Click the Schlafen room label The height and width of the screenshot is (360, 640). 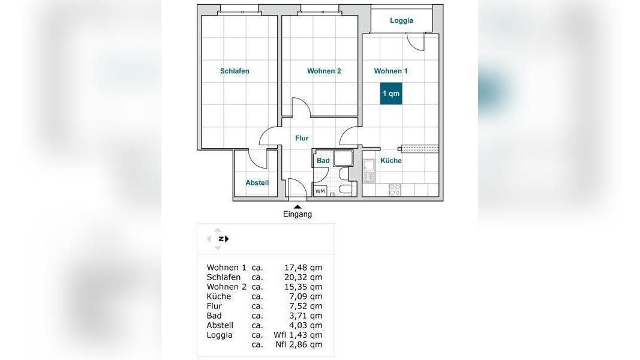pos(235,71)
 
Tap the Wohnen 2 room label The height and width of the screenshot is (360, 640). pos(324,71)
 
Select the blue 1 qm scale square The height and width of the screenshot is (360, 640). pos(391,94)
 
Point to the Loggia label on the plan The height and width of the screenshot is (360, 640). pos(401,20)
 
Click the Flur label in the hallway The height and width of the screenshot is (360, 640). pos(302,138)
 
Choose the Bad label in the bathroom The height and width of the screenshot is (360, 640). pos(323,160)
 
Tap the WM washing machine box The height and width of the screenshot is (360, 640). pos(320,191)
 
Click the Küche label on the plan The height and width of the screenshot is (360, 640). pos(391,160)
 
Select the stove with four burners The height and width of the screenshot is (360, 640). pos(395,190)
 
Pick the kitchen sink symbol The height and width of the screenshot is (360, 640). pos(369,171)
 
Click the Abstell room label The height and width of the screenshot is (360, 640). pos(257,183)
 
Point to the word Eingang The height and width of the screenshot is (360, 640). pos(298,214)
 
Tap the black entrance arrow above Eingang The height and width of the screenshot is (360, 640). pos(298,207)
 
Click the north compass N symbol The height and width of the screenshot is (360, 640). pos(221,239)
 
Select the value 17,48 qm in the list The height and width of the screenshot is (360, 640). pos(304,268)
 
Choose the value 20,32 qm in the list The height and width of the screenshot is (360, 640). pos(304,277)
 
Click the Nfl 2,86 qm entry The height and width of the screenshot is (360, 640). pos(299,344)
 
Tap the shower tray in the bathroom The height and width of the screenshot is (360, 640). pos(343,158)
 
